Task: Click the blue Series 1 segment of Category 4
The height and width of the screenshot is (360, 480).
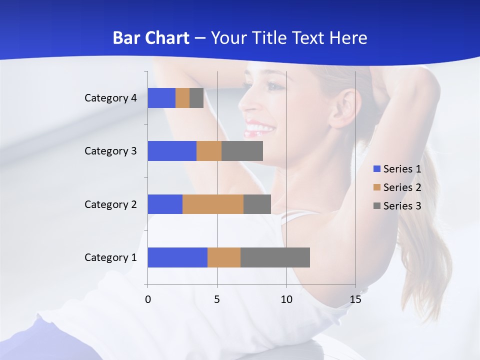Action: tap(161, 98)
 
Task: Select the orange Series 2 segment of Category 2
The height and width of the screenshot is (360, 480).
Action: tap(213, 204)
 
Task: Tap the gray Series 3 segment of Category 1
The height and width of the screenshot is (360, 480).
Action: tap(275, 257)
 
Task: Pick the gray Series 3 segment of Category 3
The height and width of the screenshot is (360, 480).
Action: tap(242, 151)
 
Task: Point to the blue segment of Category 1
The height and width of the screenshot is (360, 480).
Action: tap(177, 257)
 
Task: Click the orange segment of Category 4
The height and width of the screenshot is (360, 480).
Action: tap(182, 98)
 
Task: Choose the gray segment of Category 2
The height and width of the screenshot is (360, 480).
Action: tap(257, 204)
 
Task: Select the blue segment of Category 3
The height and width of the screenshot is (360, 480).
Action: tap(172, 151)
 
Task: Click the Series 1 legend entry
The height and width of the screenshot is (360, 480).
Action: tap(397, 169)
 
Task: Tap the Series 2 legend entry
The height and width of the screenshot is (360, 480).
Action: tap(397, 187)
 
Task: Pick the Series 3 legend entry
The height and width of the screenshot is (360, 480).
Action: tap(397, 206)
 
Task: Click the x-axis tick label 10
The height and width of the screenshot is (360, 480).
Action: tap(286, 299)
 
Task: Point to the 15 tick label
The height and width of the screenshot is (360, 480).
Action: tap(355, 299)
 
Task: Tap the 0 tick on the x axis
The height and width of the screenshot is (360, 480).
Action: tap(148, 299)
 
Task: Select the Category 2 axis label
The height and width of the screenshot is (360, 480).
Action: tap(110, 204)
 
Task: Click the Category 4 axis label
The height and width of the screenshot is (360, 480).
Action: tap(110, 98)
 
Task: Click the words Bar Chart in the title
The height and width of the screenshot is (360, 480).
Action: tap(150, 38)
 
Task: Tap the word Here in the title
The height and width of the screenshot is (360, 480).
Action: tap(347, 38)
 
